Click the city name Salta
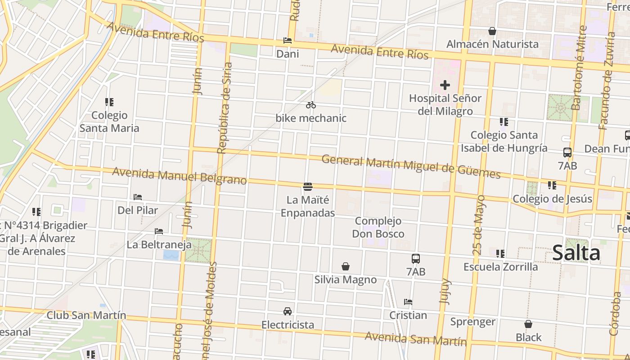576,253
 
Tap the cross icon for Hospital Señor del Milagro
445,85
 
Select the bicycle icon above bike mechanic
310,105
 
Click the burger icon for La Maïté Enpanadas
308,186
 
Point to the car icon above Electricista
288,311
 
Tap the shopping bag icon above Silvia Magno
345,266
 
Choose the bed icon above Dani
288,40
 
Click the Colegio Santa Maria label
109,122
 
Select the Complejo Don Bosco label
378,227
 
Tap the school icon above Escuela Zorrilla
500,254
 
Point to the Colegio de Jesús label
553,198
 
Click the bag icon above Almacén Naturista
492,31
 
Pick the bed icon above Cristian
408,302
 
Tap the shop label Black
529,337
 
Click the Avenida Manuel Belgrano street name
180,176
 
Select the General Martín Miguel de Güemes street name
411,166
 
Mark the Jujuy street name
445,291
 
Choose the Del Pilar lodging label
138,210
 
